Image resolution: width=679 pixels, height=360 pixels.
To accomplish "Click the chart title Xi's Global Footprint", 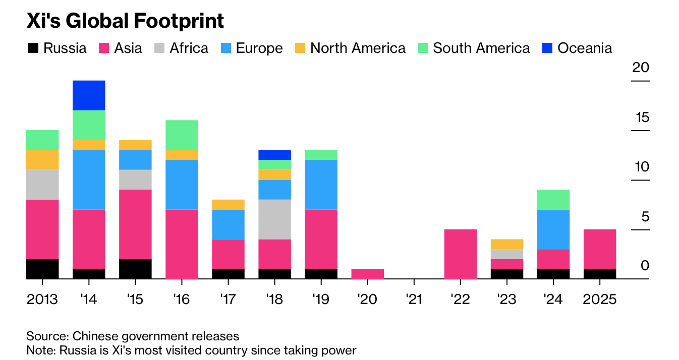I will [x=125, y=21].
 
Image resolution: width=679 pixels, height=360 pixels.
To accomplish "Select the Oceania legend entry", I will [x=577, y=48].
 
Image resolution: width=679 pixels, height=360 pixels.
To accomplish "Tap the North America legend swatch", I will [x=301, y=48].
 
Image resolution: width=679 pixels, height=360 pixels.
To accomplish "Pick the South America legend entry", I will [x=474, y=48].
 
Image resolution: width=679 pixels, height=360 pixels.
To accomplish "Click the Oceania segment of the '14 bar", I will [x=89, y=95].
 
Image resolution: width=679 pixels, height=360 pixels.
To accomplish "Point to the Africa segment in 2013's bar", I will [x=42, y=185].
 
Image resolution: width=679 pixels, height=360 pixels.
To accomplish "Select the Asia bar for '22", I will [x=461, y=254].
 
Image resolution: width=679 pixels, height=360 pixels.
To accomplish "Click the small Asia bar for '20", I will [x=367, y=274].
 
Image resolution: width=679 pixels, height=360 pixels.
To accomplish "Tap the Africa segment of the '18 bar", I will [x=274, y=219].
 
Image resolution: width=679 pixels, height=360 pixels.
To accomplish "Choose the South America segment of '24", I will [x=553, y=200].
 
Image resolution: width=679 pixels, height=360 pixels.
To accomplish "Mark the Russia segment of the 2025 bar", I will [x=600, y=274].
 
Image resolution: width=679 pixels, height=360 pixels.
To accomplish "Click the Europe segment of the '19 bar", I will [x=321, y=185].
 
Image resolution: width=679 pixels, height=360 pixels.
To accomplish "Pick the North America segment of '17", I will [x=228, y=204].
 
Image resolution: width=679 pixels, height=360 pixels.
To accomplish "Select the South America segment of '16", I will [x=182, y=135].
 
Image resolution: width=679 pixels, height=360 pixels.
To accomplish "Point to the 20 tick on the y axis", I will [x=641, y=68].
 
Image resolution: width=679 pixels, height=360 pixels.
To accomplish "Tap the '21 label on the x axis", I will [x=414, y=299].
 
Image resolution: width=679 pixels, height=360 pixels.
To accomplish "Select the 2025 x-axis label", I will [x=600, y=299].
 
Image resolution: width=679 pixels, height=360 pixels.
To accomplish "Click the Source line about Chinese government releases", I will [x=133, y=336].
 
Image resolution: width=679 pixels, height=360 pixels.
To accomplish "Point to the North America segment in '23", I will [x=507, y=244].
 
